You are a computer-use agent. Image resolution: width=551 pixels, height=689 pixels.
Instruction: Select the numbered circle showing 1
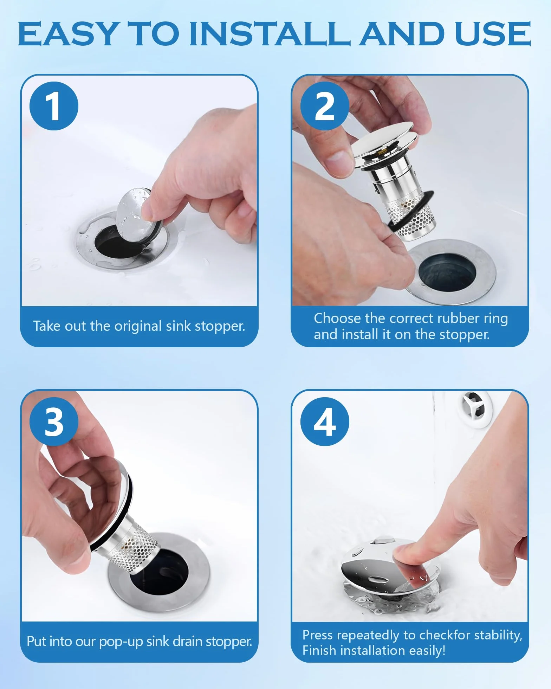(54, 106)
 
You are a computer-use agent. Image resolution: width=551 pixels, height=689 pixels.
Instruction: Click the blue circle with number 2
(325, 106)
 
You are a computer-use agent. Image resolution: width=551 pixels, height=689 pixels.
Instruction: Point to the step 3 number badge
(54, 421)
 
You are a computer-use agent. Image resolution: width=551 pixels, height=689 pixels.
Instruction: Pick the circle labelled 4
(325, 421)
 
